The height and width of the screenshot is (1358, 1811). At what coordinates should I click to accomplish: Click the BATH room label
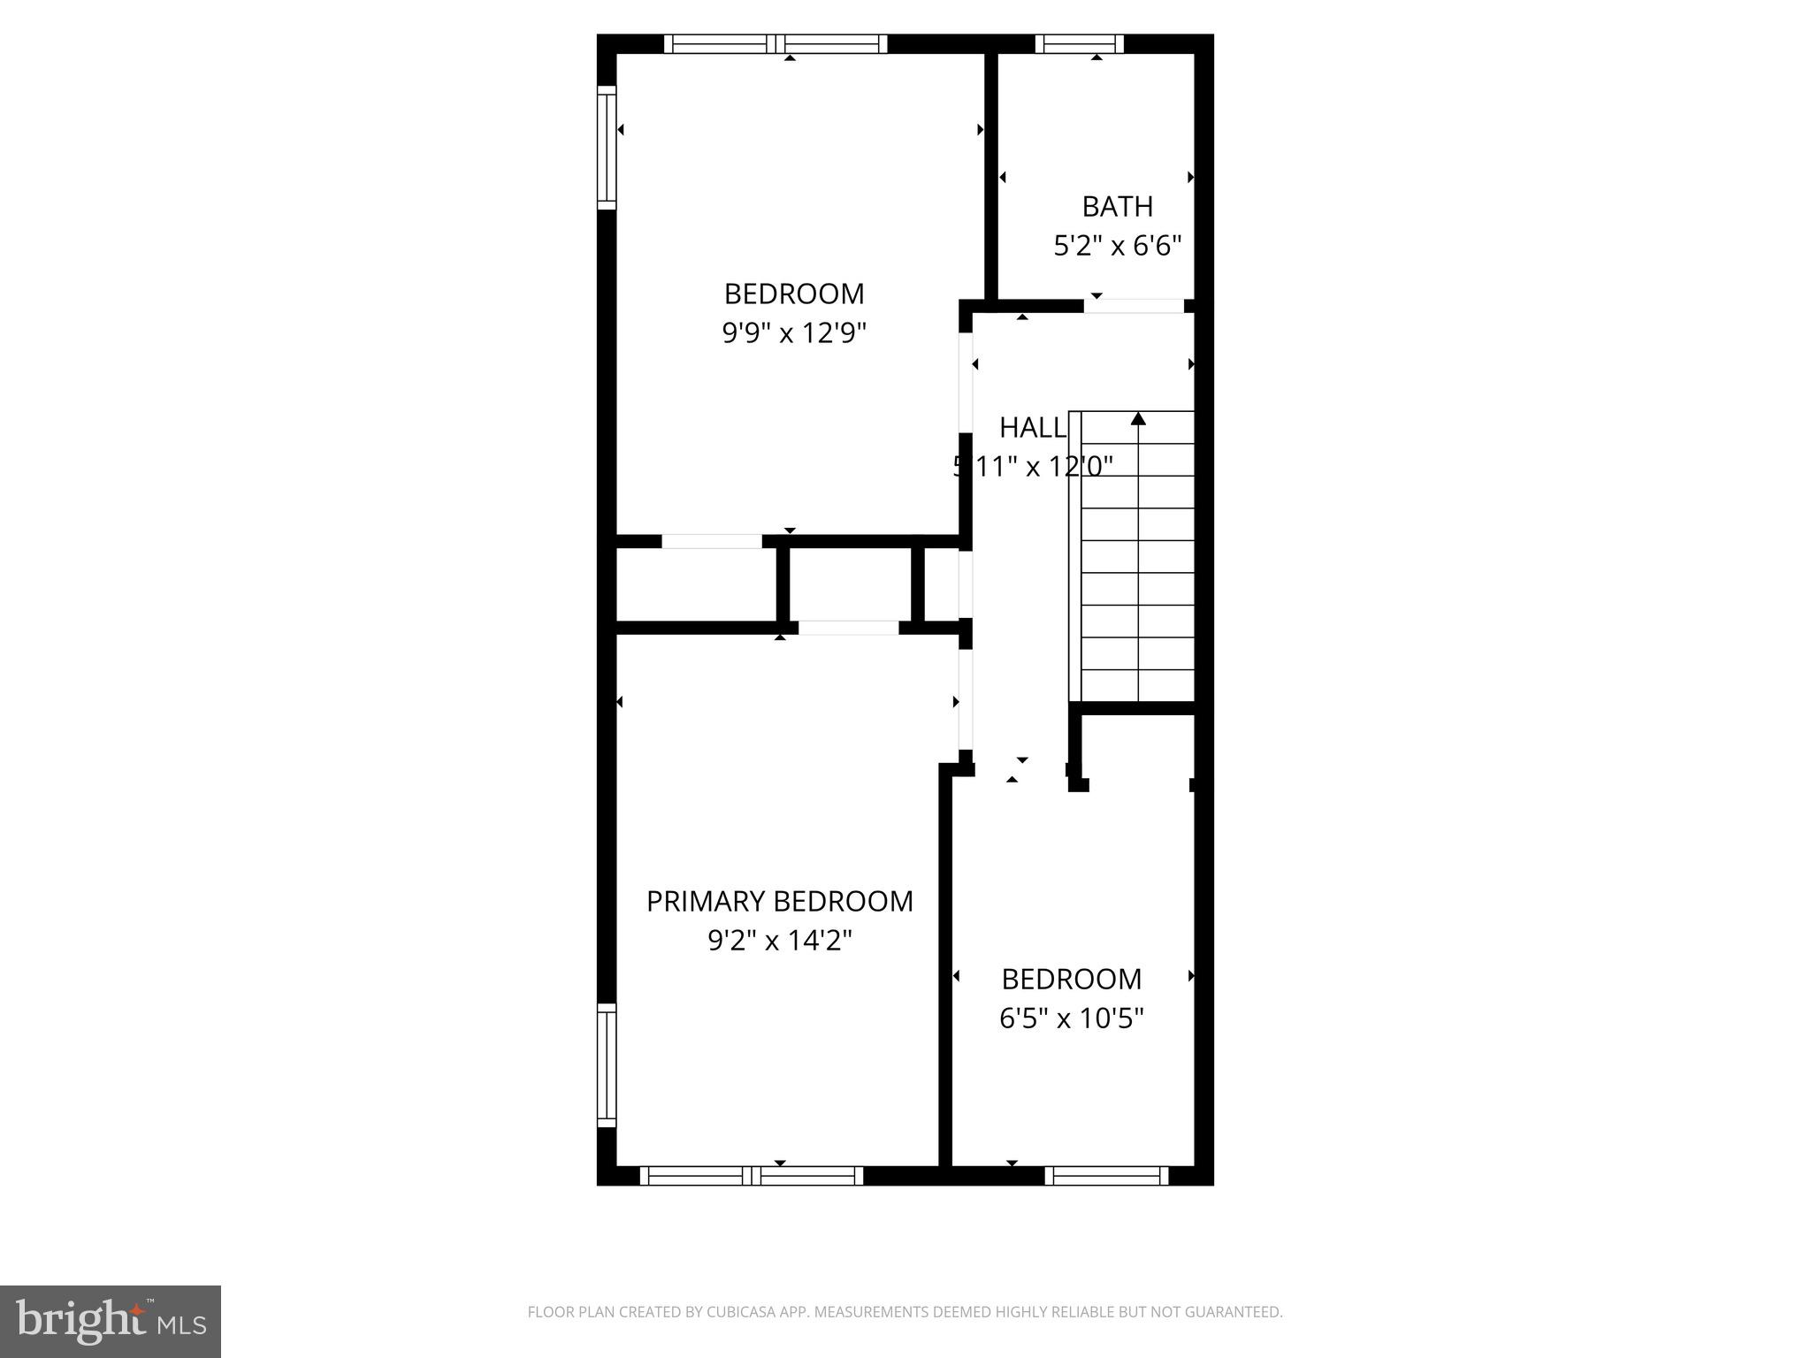pyautogui.click(x=1117, y=206)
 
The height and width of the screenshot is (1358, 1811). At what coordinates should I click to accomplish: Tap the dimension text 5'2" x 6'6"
pyautogui.click(x=1117, y=245)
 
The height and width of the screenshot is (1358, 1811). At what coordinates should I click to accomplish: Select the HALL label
pyautogui.click(x=1032, y=428)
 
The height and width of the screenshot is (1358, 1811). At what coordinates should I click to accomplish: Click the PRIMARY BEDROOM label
pyautogui.click(x=779, y=901)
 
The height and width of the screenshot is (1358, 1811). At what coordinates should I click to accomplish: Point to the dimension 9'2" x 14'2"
pyautogui.click(x=779, y=941)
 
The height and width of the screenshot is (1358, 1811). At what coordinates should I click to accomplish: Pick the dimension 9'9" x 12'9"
pyautogui.click(x=793, y=333)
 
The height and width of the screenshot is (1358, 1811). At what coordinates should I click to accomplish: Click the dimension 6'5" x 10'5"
pyautogui.click(x=1071, y=1018)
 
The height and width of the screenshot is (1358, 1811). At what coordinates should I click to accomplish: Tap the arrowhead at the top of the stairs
pyautogui.click(x=1138, y=419)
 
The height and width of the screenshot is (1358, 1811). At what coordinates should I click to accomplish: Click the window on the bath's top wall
pyautogui.click(x=1079, y=44)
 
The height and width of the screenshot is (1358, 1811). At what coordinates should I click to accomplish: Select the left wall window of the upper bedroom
pyautogui.click(x=607, y=148)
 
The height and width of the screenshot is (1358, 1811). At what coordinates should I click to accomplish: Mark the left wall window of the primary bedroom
pyautogui.click(x=607, y=1064)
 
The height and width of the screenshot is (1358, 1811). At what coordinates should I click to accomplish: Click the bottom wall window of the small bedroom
pyautogui.click(x=1106, y=1175)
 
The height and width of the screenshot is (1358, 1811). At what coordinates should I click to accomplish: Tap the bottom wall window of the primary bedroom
pyautogui.click(x=751, y=1175)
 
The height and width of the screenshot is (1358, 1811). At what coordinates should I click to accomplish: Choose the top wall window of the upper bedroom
pyautogui.click(x=776, y=44)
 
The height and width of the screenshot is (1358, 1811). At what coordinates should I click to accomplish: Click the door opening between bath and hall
pyautogui.click(x=1134, y=306)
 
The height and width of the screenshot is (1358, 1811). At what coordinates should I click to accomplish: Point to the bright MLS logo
pyautogui.click(x=110, y=1321)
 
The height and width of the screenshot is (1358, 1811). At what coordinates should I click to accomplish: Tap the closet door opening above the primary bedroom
pyautogui.click(x=849, y=628)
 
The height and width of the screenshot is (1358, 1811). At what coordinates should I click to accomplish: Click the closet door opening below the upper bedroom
pyautogui.click(x=712, y=541)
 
